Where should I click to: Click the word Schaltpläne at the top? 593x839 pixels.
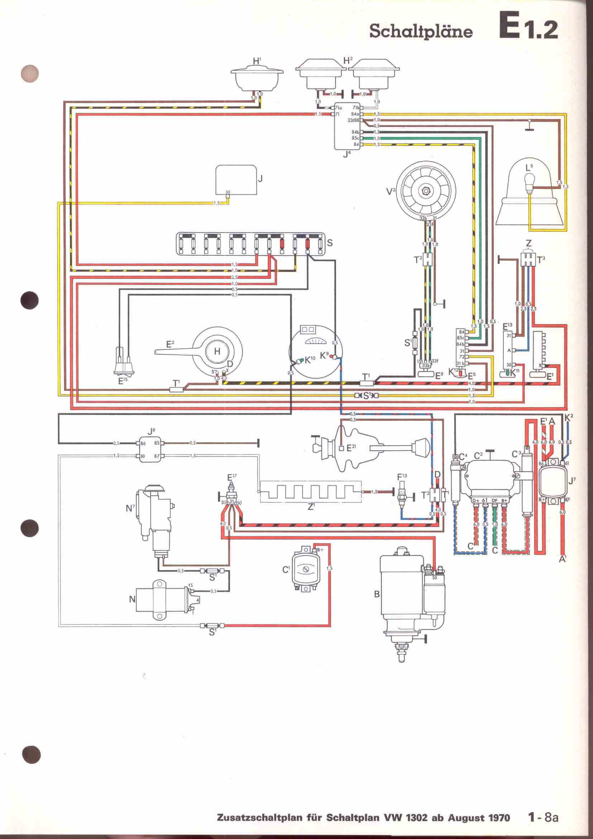(x=421, y=32)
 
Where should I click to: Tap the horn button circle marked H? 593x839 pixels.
(x=217, y=351)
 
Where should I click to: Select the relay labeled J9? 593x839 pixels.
(x=151, y=449)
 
